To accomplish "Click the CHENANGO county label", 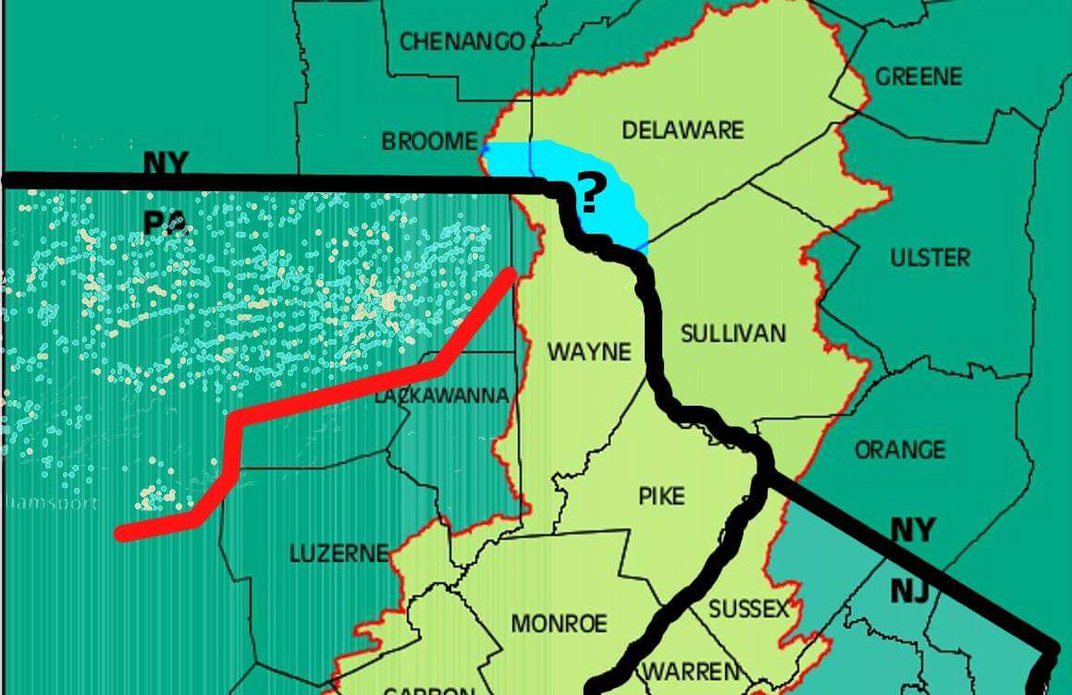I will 462,42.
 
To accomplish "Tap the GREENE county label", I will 918,76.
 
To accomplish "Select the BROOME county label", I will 428,141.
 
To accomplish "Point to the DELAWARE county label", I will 683,129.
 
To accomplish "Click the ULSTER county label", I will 930,257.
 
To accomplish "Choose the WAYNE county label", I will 588,352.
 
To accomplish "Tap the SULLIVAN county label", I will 733,334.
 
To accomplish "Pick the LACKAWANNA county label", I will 441,396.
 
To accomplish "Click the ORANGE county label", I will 899,450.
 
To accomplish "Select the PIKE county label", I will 661,496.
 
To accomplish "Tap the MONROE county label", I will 560,623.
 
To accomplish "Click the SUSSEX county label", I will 749,610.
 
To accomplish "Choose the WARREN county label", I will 692,670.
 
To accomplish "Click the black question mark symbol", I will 589,193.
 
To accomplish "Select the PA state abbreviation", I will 166,223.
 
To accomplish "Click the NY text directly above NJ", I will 912,530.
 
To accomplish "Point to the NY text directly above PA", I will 166,165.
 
